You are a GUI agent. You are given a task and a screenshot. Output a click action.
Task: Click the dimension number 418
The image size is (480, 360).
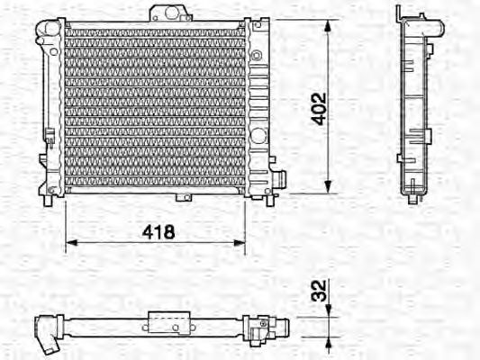coord(157,231)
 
